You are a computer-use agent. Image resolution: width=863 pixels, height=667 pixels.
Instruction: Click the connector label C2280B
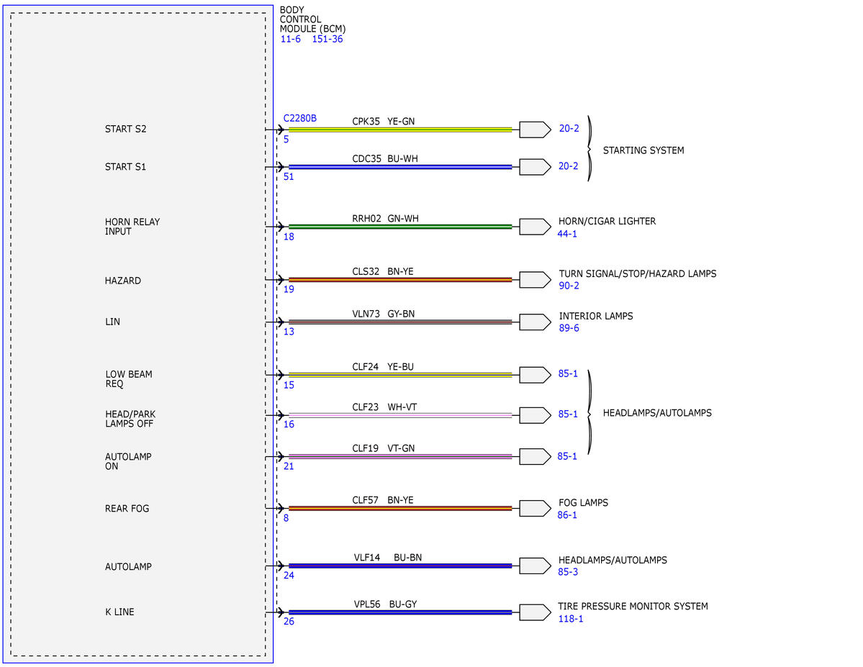point(300,118)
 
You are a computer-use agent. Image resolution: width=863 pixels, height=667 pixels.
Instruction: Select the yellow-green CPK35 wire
point(400,130)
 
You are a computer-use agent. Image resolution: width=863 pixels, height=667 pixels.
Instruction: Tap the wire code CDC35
point(366,159)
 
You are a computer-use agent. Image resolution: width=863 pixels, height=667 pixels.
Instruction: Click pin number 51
point(289,177)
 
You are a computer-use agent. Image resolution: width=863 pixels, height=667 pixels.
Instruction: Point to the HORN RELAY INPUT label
point(132,227)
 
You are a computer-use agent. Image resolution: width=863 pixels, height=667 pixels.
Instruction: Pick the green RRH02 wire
point(400,226)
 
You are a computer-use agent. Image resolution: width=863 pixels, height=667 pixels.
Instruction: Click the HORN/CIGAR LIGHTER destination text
point(607,221)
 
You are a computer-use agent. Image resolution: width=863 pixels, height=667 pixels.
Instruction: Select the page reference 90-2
point(569,286)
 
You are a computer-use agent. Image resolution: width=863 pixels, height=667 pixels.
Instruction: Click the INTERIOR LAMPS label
point(596,316)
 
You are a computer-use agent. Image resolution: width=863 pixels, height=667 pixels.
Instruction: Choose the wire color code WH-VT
point(402,407)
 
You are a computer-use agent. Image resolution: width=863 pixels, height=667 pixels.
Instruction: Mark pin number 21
point(289,466)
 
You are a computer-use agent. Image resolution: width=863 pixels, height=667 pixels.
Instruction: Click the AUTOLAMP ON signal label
point(127,461)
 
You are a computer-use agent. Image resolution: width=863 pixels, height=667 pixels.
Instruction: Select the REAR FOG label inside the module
point(127,509)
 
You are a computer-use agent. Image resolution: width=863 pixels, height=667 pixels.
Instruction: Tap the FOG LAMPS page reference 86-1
point(567,515)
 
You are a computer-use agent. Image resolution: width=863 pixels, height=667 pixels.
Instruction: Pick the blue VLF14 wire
point(400,566)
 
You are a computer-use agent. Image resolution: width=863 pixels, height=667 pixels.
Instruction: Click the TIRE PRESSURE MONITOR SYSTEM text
point(633,607)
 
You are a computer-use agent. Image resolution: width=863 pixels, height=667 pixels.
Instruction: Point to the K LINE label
point(119,612)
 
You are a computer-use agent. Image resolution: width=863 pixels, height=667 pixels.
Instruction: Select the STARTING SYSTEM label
point(643,150)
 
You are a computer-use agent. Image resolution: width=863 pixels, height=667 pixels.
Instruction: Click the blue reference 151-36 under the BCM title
point(327,39)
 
